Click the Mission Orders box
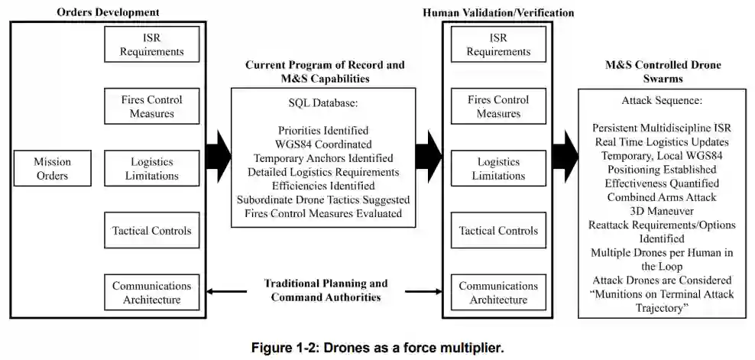(x=51, y=169)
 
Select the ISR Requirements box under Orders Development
(x=151, y=44)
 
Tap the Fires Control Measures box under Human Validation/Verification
(x=498, y=107)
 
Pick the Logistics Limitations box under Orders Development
(x=151, y=169)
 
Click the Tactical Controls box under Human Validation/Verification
(x=498, y=231)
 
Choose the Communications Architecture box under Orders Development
(x=151, y=293)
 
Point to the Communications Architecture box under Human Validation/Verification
(x=498, y=293)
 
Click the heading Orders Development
(x=108, y=12)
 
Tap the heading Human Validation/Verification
(x=497, y=12)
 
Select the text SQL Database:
(x=322, y=102)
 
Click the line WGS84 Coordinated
(x=323, y=144)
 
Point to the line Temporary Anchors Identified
(x=323, y=158)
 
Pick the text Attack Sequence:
(x=662, y=100)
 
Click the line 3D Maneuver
(x=662, y=211)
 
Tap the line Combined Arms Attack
(x=662, y=197)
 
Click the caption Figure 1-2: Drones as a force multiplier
(x=377, y=348)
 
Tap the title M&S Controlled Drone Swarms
(x=662, y=71)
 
